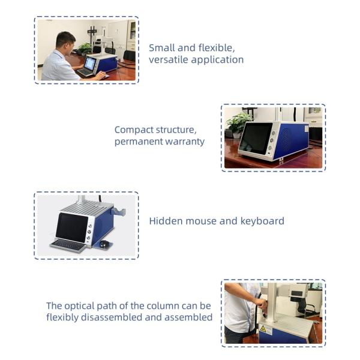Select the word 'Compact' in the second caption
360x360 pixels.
pos(134,130)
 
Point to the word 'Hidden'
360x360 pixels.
pos(166,221)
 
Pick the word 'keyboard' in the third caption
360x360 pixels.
pos(262,221)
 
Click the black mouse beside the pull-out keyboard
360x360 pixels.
pos(104,244)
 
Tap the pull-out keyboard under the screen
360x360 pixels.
pos(68,245)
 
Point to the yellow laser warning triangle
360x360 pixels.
pos(263,329)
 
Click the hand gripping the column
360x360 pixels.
pos(261,304)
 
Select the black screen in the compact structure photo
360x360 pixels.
pos(256,138)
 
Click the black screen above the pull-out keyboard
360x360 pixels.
pos(72,228)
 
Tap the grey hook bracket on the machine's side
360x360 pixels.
pos(119,211)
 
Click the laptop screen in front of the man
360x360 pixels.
pos(90,64)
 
